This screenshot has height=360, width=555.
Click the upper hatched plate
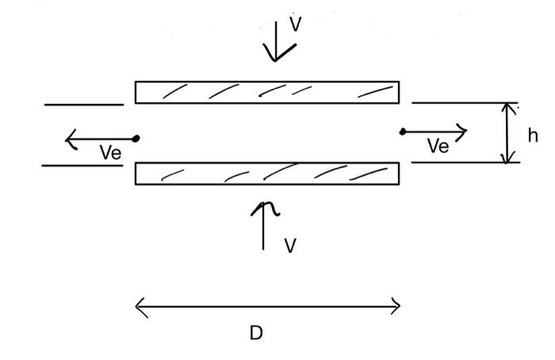point(266,92)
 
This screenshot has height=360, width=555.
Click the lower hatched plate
point(266,173)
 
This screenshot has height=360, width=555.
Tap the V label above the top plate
point(295,24)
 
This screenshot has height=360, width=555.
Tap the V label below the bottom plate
point(290,246)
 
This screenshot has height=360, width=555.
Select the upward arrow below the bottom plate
point(263,226)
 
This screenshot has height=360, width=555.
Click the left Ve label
point(111,153)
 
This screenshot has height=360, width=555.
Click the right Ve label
point(438,146)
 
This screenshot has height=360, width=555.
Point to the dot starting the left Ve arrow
point(136,139)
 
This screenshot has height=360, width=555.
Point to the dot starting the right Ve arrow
point(403,132)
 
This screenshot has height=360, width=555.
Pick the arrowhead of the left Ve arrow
point(69,141)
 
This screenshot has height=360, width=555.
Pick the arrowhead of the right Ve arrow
point(463,131)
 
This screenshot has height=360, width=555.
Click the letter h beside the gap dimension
point(533,136)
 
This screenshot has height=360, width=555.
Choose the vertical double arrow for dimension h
point(508,133)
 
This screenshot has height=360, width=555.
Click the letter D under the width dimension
point(255,333)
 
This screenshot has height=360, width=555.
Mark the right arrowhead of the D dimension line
point(396,306)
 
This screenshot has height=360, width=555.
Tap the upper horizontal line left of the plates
point(83,104)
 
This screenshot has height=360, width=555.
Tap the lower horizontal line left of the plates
point(82,165)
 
